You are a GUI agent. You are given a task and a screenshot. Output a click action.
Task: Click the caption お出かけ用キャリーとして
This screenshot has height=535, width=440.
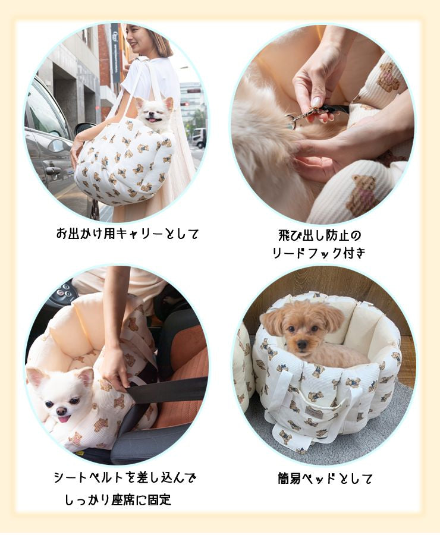tap(127, 234)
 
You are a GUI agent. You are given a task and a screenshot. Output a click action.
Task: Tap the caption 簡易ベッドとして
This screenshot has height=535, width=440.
tap(325, 479)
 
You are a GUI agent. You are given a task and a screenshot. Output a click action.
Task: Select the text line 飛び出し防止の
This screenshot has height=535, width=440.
tap(319, 235)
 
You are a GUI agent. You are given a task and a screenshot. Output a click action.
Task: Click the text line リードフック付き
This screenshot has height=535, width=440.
tap(319, 253)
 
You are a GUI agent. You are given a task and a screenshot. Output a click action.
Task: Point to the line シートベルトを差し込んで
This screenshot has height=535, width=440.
tap(125, 477)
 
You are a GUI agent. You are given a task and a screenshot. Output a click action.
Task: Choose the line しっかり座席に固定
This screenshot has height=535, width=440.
tap(118, 499)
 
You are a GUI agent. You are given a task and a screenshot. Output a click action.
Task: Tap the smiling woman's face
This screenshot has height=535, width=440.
tap(135, 39)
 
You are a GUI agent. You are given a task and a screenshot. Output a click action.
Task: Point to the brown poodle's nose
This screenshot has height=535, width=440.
tap(301, 345)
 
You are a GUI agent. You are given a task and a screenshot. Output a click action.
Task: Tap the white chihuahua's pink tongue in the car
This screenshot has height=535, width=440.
tap(64, 418)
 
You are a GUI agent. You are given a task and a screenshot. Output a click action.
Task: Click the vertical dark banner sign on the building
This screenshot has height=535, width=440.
tap(115, 53)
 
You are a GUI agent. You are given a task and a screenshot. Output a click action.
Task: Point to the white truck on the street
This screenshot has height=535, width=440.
tap(199, 138)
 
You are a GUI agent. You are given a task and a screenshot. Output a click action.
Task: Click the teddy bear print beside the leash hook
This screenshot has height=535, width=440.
tap(388, 77)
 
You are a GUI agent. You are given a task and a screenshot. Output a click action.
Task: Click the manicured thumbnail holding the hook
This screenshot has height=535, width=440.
tap(316, 102)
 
